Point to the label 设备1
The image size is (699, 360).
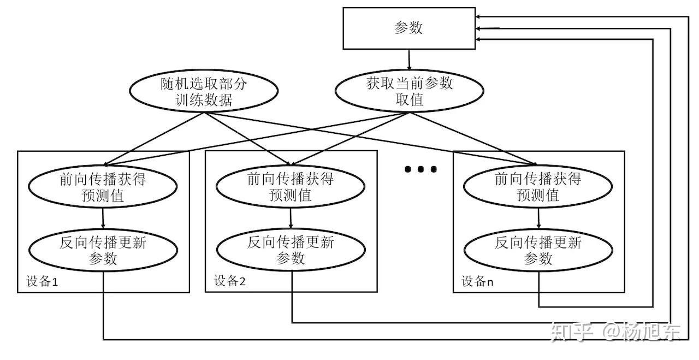click(42, 281)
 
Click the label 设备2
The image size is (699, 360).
click(230, 281)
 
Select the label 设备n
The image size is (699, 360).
click(477, 281)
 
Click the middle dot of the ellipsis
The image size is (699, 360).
click(420, 169)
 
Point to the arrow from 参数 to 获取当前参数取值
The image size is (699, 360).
click(409, 60)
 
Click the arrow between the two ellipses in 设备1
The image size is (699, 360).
click(103, 219)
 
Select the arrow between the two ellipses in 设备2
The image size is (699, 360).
click(291, 219)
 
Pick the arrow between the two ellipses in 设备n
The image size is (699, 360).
click(538, 219)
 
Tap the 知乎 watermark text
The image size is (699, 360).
click(572, 332)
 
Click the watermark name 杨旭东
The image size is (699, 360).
click(651, 332)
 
